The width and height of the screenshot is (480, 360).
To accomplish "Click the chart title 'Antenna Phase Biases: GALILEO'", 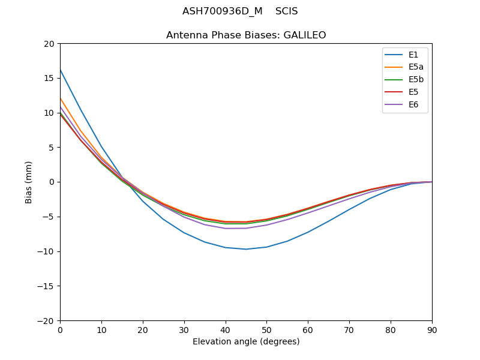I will click(246, 35).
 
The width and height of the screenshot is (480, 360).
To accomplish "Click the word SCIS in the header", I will click(287, 11).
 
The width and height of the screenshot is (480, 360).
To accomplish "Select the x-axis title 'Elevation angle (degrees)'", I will click(246, 342).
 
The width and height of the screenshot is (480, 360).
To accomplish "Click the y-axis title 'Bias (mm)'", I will click(29, 182).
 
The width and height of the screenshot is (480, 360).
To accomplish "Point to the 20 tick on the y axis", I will click(49, 44).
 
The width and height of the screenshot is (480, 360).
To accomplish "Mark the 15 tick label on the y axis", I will click(49, 78).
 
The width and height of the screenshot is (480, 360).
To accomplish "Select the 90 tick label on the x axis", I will click(432, 330).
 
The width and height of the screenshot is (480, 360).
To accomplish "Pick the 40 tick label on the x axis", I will click(226, 330).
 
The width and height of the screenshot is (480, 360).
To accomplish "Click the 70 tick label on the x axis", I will click(349, 330).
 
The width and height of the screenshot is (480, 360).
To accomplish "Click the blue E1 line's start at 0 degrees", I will click(61, 70).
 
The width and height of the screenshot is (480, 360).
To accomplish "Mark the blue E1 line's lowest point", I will click(246, 249).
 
